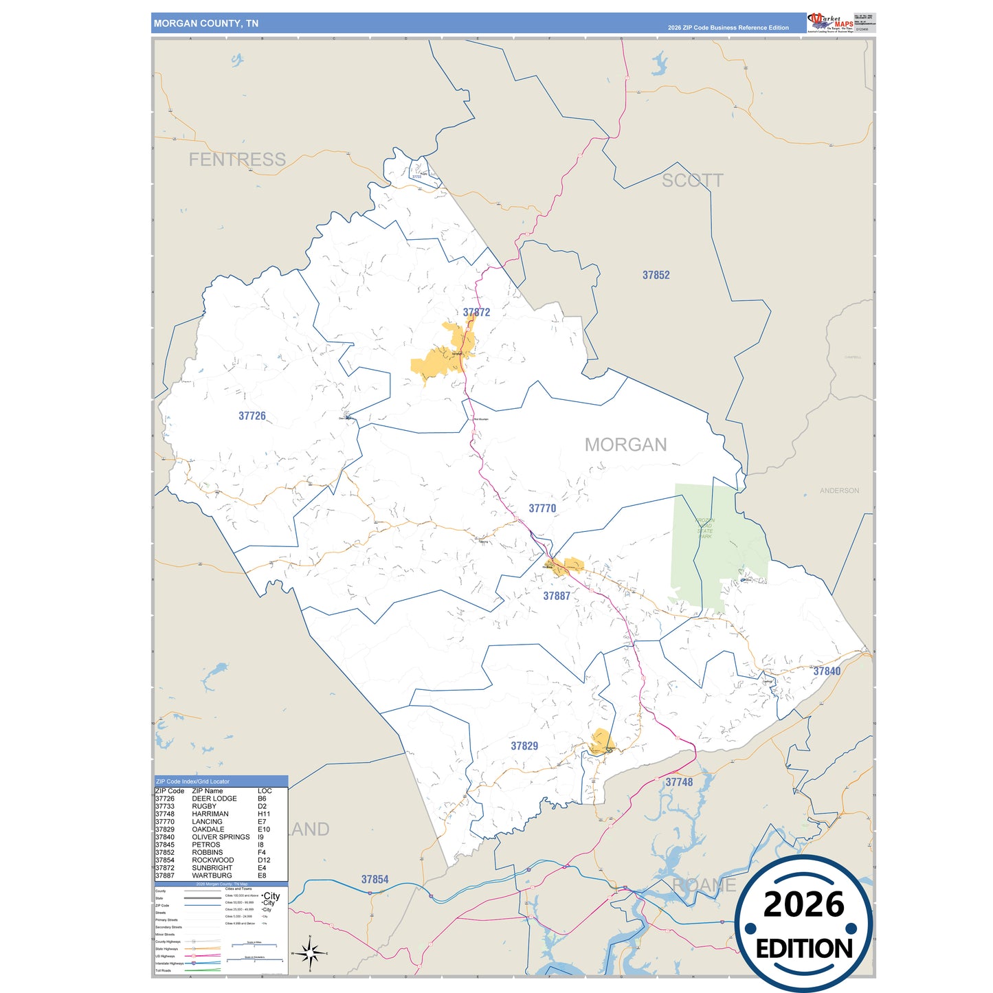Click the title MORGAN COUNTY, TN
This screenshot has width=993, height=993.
(206, 23)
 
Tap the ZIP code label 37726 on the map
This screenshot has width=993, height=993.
(252, 416)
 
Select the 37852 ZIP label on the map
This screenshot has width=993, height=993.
(656, 275)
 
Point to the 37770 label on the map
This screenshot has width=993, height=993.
(542, 509)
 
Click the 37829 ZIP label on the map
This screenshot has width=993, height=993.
(524, 746)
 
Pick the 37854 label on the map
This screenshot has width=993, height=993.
(375, 880)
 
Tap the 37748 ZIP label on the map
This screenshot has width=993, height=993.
(679, 782)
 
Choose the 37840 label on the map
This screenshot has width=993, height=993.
(827, 671)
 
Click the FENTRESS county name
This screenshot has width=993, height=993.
(237, 159)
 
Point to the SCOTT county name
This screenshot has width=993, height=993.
(692, 181)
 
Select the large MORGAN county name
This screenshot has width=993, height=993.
(625, 445)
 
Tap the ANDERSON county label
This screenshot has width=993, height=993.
(839, 491)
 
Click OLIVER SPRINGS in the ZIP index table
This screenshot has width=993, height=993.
(221, 837)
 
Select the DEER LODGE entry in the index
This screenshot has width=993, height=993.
(214, 799)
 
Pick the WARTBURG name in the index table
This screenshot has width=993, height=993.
(212, 875)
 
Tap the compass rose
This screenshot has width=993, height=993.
(310, 953)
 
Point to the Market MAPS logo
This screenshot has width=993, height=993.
(831, 23)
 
